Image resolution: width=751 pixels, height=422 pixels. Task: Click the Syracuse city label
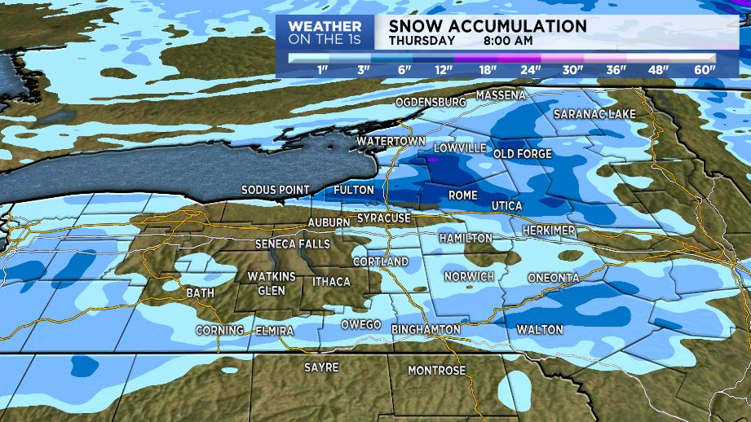tap(383, 219)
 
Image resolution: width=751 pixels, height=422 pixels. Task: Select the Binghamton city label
tap(426, 329)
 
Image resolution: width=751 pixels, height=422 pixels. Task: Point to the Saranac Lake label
tap(594, 114)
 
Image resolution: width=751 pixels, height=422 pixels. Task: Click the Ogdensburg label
tap(430, 103)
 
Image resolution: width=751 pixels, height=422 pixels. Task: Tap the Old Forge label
tap(523, 153)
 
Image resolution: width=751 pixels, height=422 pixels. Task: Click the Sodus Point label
tap(275, 190)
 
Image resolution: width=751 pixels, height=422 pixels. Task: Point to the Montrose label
tap(436, 371)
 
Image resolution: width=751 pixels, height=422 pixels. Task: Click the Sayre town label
tap(320, 367)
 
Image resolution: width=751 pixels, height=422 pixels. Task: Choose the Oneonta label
tap(553, 278)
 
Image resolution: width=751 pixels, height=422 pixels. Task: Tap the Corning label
tap(219, 330)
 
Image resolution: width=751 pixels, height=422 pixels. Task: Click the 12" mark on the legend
tap(444, 70)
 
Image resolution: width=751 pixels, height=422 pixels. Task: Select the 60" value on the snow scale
tap(705, 70)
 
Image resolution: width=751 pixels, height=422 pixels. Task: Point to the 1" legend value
tap(322, 70)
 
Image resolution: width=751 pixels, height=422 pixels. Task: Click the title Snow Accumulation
tap(488, 26)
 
